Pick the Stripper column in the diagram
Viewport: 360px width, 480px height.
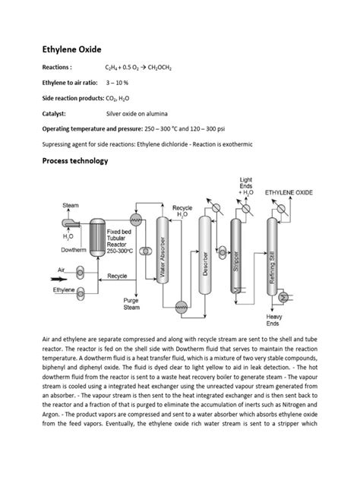pyautogui.click(x=236, y=258)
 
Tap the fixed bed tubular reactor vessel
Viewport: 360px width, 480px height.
pyautogui.click(x=97, y=235)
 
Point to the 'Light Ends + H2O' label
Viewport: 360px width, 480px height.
pyautogui.click(x=247, y=187)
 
